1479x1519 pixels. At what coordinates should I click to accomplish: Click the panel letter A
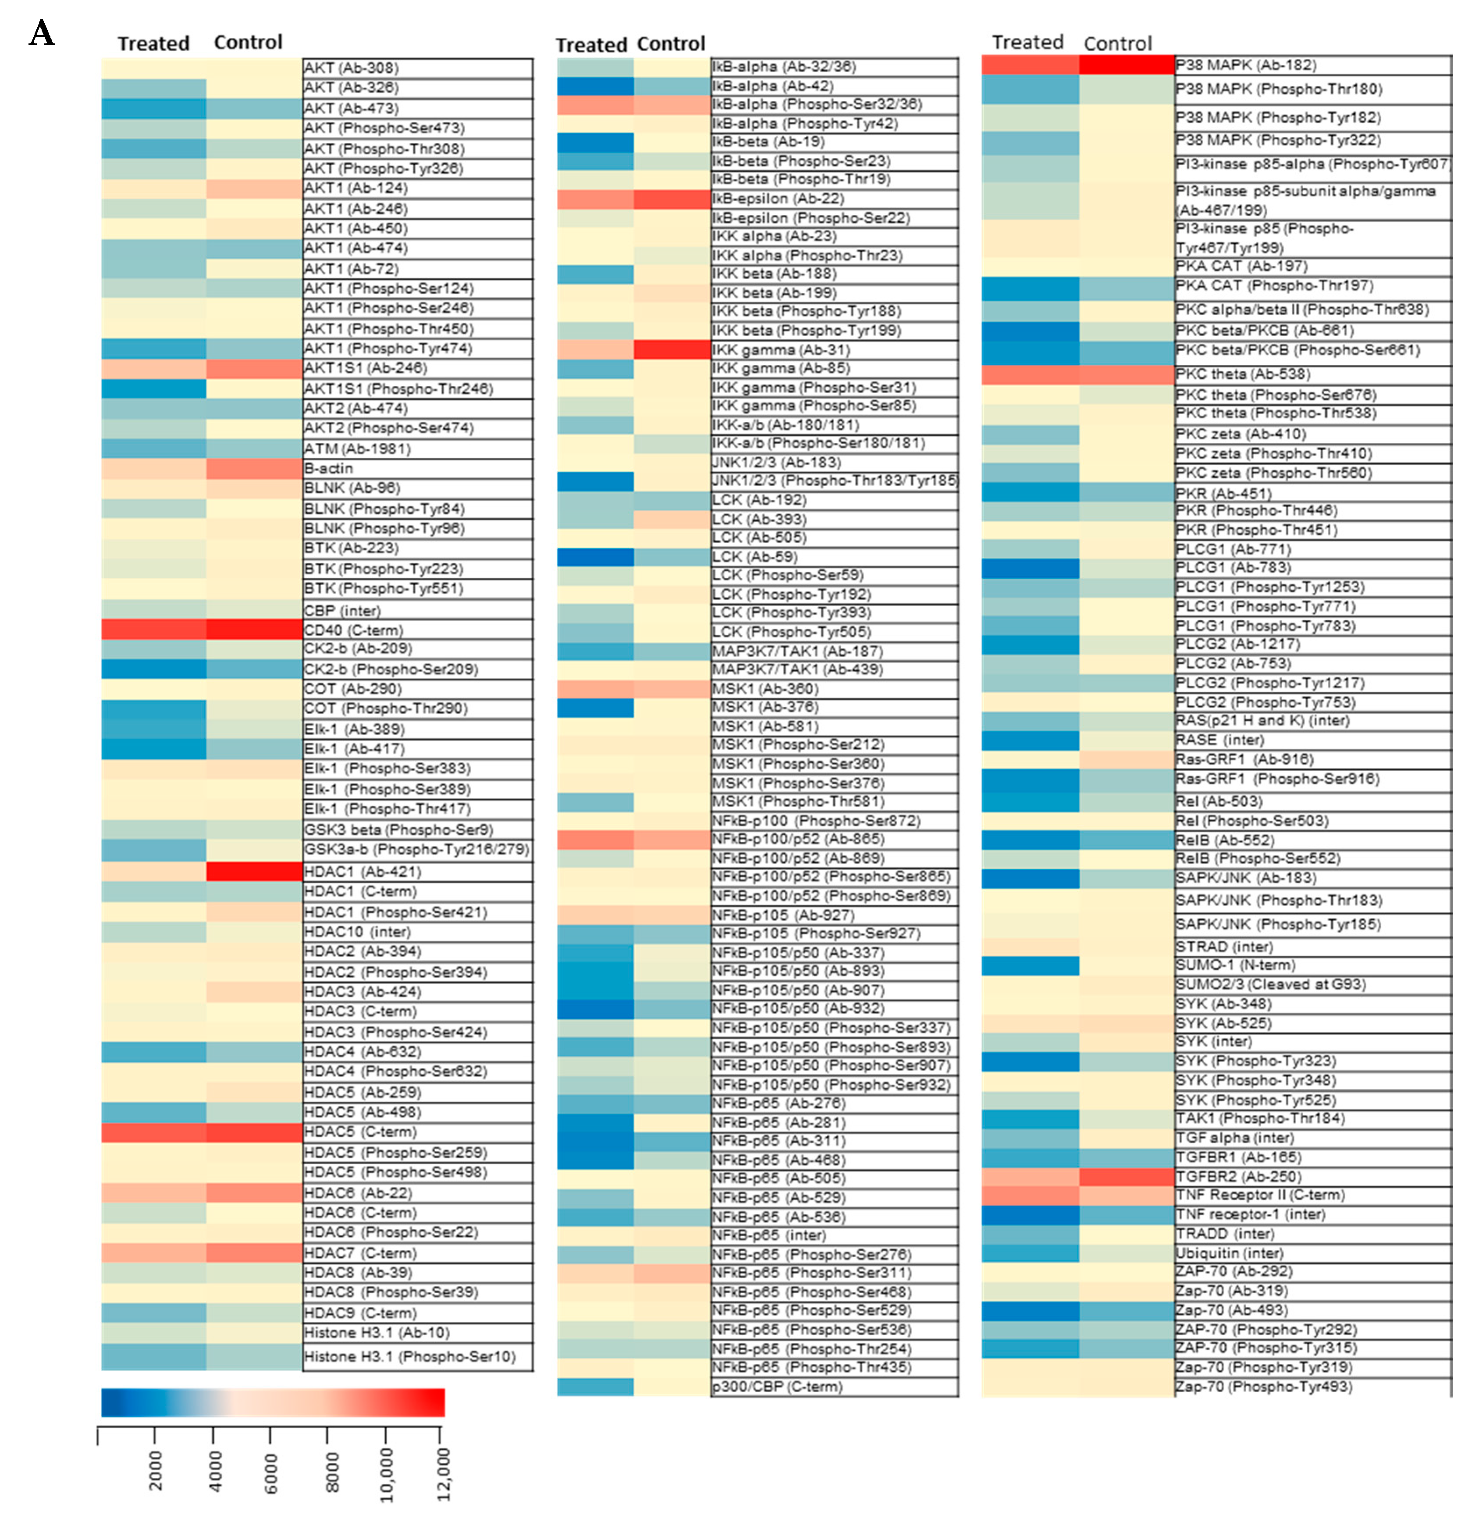[x=42, y=33]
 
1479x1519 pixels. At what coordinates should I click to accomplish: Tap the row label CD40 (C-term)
[x=353, y=630]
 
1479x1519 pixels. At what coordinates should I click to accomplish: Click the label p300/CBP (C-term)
[x=777, y=1386]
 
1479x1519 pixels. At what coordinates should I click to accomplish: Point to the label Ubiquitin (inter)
[x=1229, y=1252]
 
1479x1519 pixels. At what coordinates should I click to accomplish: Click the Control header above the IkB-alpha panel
[x=671, y=44]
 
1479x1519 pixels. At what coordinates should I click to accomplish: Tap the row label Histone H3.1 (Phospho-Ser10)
[x=409, y=1357]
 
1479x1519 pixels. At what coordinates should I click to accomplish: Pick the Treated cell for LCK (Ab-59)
[x=595, y=556]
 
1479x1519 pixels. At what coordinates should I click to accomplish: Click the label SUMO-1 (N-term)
[x=1235, y=965]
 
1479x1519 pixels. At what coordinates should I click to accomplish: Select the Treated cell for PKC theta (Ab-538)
[x=1030, y=374]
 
